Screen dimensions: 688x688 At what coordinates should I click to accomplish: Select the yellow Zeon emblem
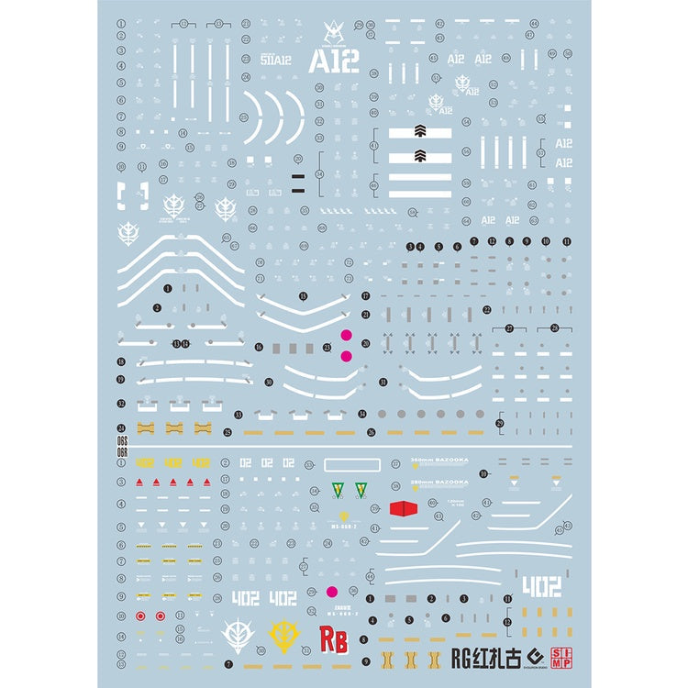point(285,634)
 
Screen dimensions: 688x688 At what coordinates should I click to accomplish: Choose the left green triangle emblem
point(338,488)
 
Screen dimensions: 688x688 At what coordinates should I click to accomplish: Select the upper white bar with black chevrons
point(420,132)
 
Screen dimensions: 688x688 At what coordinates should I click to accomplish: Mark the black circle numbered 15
point(303,296)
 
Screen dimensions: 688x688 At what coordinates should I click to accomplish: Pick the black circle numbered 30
point(269,382)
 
